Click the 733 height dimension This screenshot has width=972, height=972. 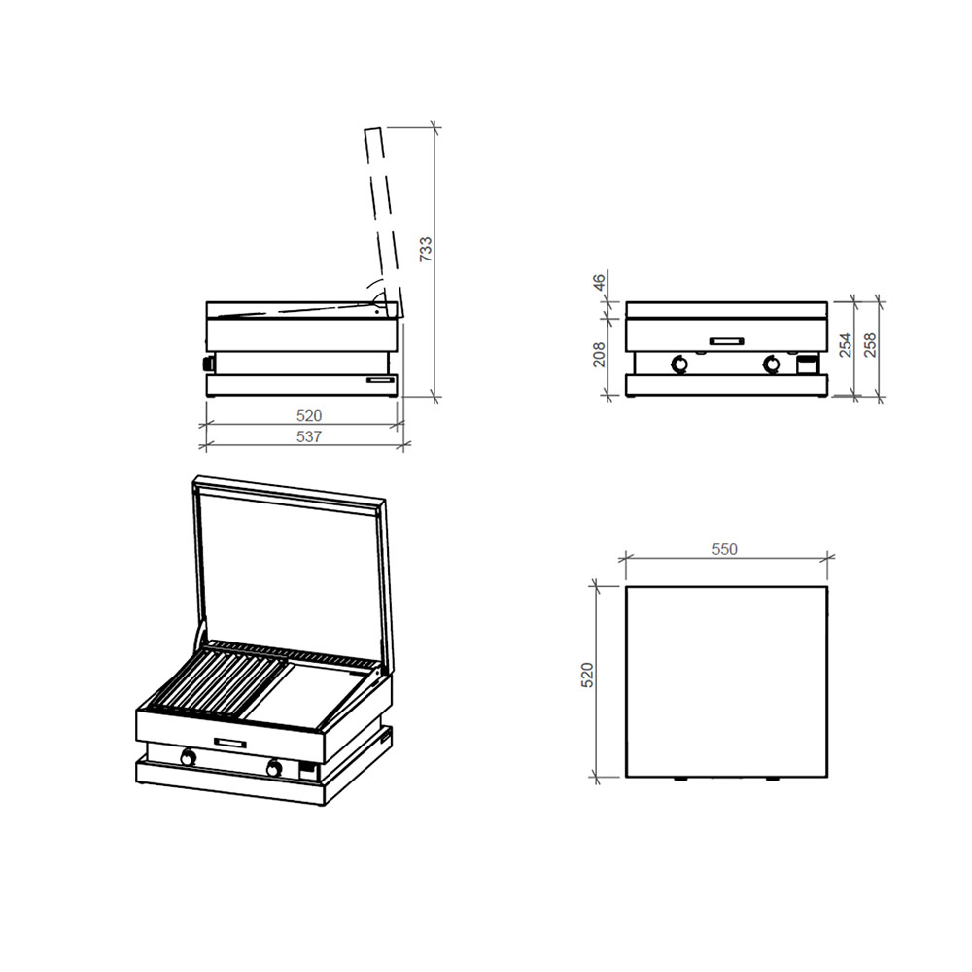click(x=425, y=250)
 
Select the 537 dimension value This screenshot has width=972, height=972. click(x=308, y=437)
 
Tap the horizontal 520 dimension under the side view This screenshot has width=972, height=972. click(x=308, y=415)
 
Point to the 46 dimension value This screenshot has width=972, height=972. click(x=600, y=284)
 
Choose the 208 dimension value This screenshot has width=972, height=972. click(x=600, y=356)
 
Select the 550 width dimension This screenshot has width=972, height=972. click(x=724, y=549)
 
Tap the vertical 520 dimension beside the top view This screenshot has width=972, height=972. click(x=587, y=676)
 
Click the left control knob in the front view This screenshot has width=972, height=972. click(x=679, y=364)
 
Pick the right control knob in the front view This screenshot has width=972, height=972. click(x=772, y=364)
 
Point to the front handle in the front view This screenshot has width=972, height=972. click(x=726, y=340)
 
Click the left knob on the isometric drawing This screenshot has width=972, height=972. click(x=188, y=757)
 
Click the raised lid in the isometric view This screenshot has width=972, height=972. click(x=292, y=564)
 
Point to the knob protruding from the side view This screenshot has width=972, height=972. click(x=205, y=364)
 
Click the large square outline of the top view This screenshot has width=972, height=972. click(x=726, y=680)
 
